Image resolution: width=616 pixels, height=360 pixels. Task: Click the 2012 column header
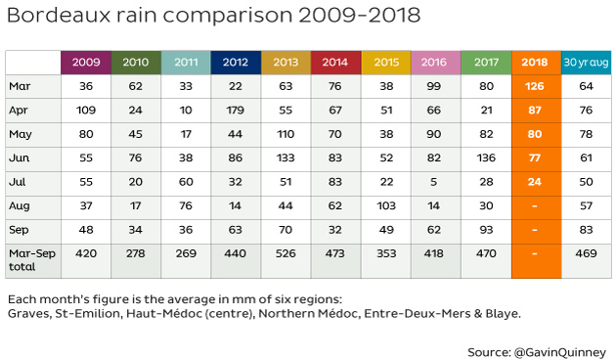point(236,62)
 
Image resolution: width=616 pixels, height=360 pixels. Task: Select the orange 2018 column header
point(535,62)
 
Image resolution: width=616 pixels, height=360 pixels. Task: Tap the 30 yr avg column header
point(586,62)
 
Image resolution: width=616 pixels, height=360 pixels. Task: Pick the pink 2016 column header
point(434,62)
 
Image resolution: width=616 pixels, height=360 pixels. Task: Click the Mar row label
point(20,86)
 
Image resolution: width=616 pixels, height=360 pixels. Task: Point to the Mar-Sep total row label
point(32,260)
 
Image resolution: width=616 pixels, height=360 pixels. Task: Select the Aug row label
point(20,206)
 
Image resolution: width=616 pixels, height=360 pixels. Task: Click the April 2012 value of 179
point(235,110)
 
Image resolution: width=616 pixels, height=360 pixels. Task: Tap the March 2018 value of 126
point(534,86)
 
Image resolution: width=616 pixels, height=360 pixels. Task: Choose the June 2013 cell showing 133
point(286,158)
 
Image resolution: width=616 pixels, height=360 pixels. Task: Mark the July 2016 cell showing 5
point(434,182)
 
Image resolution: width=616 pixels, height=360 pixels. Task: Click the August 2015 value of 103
point(386,206)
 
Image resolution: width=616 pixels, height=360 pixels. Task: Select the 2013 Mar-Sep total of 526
point(286,253)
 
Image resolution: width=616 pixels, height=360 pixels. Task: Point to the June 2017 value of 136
point(486,158)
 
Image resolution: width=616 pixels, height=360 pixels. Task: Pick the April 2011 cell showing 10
point(186,110)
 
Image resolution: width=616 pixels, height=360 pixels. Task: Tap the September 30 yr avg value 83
point(586,230)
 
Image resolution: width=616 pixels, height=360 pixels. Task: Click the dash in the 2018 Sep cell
point(535,230)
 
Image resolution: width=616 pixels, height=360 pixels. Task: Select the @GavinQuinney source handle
point(560,352)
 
